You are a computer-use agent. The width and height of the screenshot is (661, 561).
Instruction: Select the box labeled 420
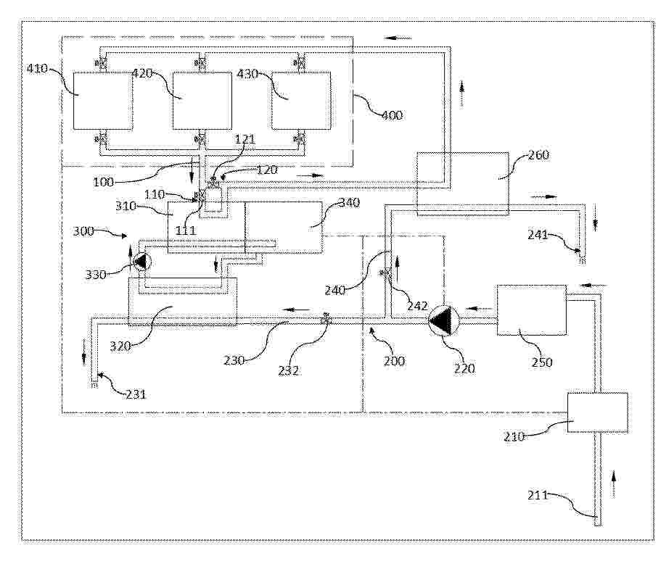pyautogui.click(x=202, y=101)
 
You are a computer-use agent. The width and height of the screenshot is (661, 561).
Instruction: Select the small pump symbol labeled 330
pyautogui.click(x=142, y=262)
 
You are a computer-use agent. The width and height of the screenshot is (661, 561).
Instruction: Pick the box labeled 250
pyautogui.click(x=531, y=310)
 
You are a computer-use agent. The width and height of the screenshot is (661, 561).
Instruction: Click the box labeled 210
pyautogui.click(x=597, y=412)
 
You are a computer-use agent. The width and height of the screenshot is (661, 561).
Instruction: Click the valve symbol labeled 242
pyautogui.click(x=386, y=273)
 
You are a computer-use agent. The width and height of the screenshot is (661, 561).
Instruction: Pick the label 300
pyautogui.click(x=83, y=231)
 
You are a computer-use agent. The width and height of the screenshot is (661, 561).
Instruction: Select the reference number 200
pyautogui.click(x=394, y=360)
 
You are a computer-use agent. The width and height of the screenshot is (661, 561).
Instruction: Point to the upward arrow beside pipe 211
pyautogui.click(x=613, y=481)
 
